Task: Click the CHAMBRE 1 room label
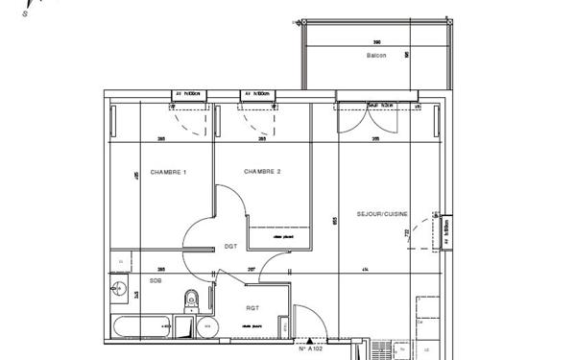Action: (170, 172)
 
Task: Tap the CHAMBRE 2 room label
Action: (262, 172)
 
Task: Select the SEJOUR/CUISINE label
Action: (382, 213)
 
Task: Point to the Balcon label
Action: (376, 56)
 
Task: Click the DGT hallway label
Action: (230, 247)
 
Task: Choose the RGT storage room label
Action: (252, 308)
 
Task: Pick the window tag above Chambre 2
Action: (259, 94)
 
